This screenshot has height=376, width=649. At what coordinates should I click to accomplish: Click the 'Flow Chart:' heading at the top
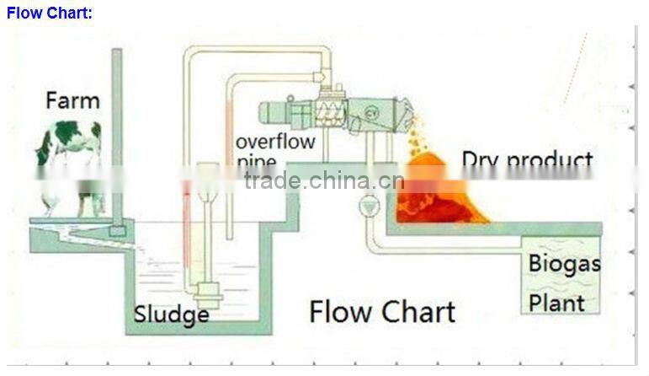(x=50, y=13)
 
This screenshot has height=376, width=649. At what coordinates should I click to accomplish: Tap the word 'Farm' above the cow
(x=72, y=101)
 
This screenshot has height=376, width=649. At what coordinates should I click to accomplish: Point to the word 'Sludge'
(x=172, y=314)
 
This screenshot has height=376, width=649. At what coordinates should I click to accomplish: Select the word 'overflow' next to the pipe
(x=275, y=141)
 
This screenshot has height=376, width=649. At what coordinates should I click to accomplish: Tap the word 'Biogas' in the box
(x=564, y=264)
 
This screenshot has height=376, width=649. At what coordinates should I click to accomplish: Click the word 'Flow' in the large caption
(x=341, y=311)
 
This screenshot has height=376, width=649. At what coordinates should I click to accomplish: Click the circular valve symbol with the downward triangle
(x=367, y=206)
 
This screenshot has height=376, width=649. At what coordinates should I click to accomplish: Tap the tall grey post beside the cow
(x=117, y=135)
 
